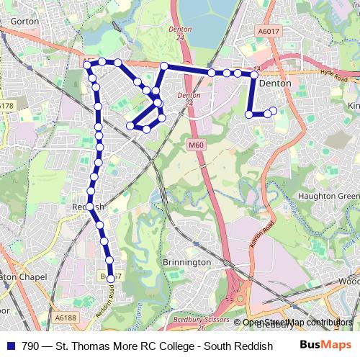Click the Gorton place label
[24, 22]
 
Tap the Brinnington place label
[186, 262]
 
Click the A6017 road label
[268, 32]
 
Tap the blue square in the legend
[11, 346]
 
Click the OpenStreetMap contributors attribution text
[297, 323]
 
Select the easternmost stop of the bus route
[273, 110]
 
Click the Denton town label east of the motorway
[274, 84]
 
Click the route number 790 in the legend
[30, 346]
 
